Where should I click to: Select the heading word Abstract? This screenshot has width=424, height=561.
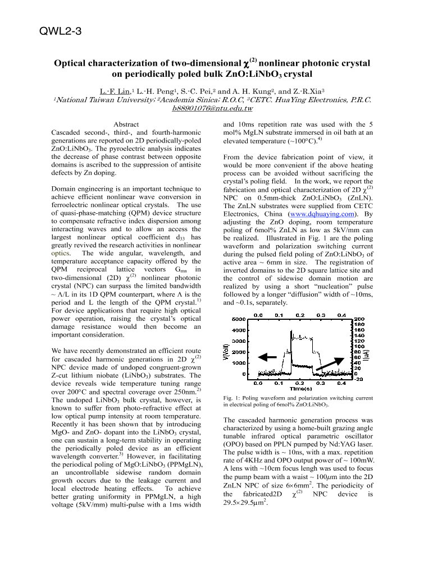click(126, 124)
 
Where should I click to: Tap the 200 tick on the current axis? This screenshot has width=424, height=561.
click(359, 319)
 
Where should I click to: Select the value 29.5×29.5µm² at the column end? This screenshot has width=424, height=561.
click(245, 503)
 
